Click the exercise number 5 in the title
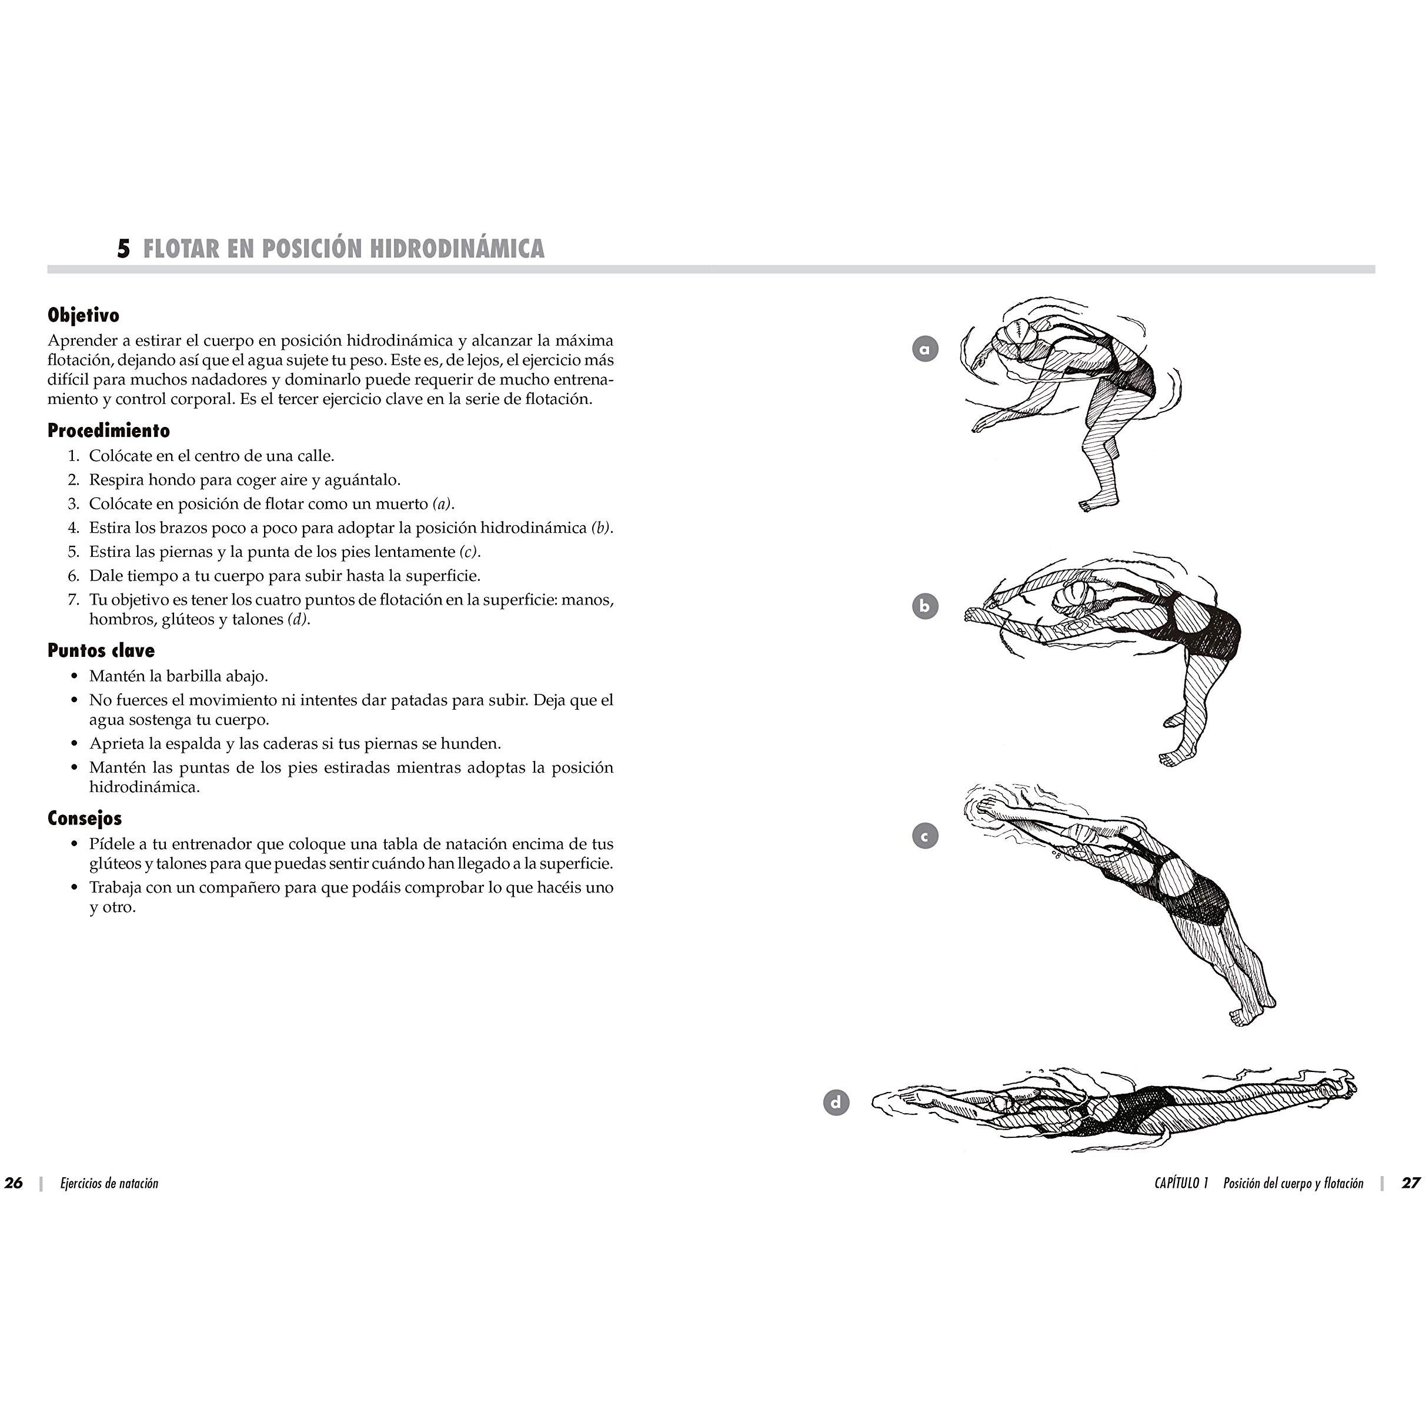coord(123,249)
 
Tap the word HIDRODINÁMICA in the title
coord(457,248)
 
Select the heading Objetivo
coord(84,315)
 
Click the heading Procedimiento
coord(109,430)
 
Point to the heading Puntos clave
coord(101,650)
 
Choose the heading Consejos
coord(85,818)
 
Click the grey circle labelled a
coord(925,348)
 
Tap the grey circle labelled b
coord(925,607)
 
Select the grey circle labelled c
coord(925,836)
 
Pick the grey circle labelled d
coord(836,1103)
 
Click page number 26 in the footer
coord(14,1183)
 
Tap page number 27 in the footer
coord(1411,1183)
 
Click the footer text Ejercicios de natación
coord(109,1183)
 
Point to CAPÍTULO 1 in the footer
coord(1181,1183)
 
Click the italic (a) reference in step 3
coord(442,504)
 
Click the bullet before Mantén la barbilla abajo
coord(74,676)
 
